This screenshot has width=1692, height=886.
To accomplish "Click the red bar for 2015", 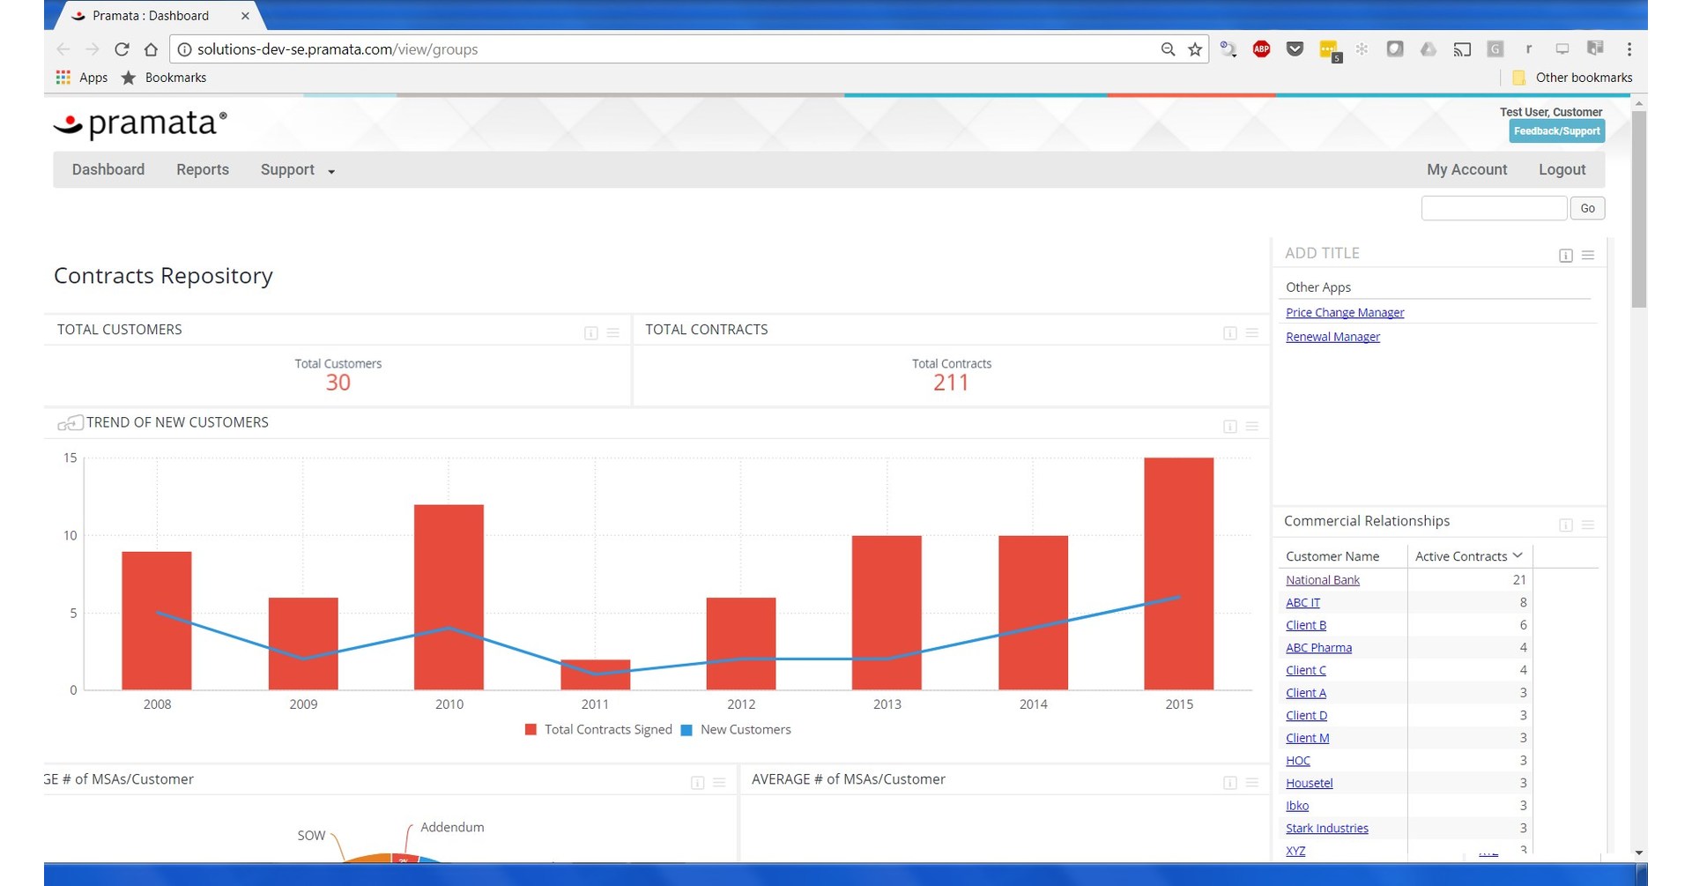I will [x=1178, y=573].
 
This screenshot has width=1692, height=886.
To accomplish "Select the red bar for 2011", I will [x=595, y=674].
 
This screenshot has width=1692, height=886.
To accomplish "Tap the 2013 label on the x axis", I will [x=887, y=704].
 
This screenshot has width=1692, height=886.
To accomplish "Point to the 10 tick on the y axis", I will [x=70, y=535].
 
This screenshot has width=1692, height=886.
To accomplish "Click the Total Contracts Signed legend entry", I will [x=598, y=730].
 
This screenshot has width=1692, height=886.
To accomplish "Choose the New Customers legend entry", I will [x=736, y=730].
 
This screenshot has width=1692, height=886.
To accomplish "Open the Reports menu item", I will [x=202, y=169].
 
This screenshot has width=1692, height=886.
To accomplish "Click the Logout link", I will [x=1562, y=169].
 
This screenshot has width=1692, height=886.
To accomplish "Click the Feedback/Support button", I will [x=1556, y=131].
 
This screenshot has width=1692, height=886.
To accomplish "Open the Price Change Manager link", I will [x=1344, y=313].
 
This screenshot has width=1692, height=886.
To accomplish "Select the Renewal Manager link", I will [x=1332, y=337].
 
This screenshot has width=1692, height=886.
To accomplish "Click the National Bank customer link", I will [x=1322, y=580].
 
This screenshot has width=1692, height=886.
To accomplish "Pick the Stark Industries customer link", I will [x=1326, y=829].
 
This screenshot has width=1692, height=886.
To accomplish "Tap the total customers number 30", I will [x=338, y=383].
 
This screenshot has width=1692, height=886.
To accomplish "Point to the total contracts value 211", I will [x=951, y=383].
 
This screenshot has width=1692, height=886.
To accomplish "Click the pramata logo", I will [x=141, y=124].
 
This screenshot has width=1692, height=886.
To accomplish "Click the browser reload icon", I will [x=122, y=49].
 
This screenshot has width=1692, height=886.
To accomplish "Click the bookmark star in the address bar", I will [x=1195, y=49].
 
